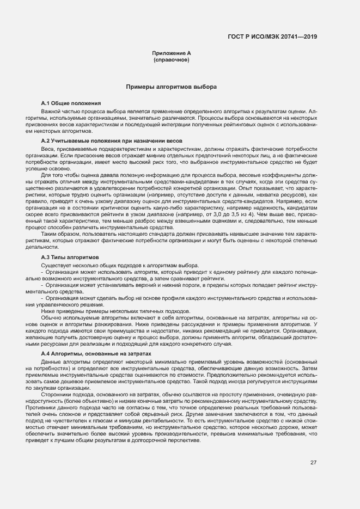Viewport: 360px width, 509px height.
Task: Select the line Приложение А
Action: click(172, 53)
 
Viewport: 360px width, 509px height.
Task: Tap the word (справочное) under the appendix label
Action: click(172, 59)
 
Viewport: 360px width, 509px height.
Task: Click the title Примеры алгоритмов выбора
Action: click(172, 87)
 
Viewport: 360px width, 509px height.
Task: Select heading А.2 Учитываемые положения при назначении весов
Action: click(103, 141)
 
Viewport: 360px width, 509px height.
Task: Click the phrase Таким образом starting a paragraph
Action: click(60, 234)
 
